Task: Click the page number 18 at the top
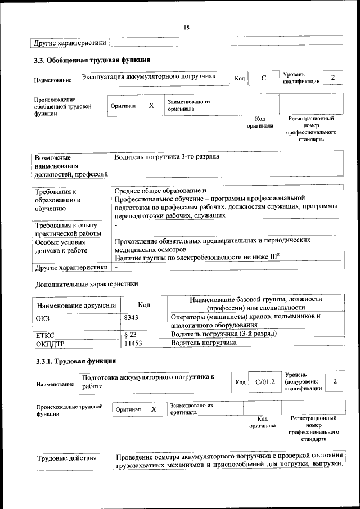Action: pos(186,28)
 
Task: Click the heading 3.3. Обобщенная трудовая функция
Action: pos(93,60)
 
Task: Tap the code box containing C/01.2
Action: pos(264,382)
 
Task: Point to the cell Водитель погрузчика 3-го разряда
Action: pos(166,157)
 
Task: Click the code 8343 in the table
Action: pos(132,317)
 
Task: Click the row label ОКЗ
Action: pos(43,318)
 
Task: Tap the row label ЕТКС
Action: pos(44,335)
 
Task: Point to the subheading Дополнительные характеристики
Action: pos(87,283)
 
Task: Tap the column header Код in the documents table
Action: pos(144,304)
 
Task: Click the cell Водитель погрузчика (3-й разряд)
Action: pos(223,334)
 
